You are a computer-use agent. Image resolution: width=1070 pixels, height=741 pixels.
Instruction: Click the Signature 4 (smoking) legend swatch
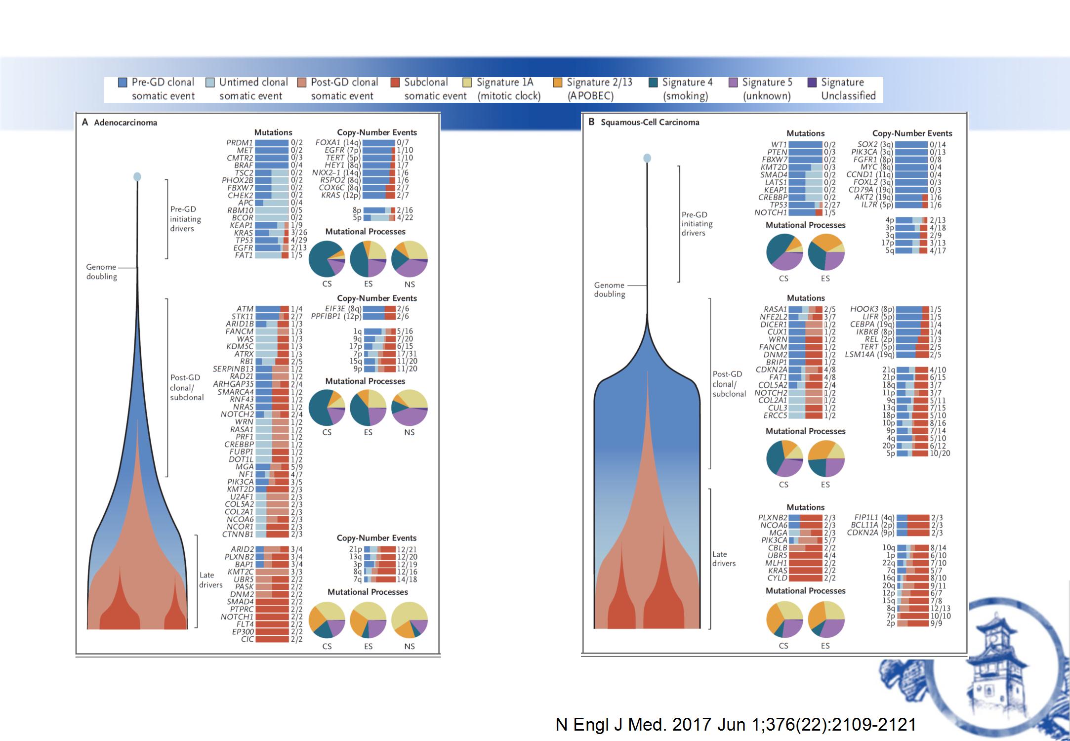click(x=653, y=82)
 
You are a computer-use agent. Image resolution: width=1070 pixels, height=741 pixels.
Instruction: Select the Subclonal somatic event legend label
click(x=435, y=89)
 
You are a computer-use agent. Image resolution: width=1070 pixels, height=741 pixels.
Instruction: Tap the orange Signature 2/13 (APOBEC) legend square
click(x=558, y=82)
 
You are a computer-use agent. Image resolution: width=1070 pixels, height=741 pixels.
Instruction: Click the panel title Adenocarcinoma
click(x=125, y=123)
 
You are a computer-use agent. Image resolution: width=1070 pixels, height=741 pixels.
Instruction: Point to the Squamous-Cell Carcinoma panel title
click(x=650, y=122)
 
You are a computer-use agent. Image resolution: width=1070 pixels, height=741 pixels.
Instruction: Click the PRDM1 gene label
click(x=240, y=143)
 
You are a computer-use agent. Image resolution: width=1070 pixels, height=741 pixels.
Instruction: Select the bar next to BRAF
click(x=272, y=165)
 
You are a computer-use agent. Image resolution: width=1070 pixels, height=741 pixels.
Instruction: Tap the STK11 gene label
click(x=242, y=316)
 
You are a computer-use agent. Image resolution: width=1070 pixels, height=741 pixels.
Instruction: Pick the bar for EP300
click(x=272, y=631)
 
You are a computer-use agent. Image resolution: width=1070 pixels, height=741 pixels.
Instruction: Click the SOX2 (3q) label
click(x=875, y=145)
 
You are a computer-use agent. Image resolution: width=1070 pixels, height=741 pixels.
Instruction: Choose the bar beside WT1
click(x=805, y=145)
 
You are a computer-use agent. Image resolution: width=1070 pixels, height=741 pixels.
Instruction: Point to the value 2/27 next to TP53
click(x=832, y=205)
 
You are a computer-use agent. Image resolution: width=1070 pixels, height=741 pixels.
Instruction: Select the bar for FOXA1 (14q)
click(x=379, y=143)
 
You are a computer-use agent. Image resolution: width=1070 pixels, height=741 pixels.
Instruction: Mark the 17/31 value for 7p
click(x=407, y=354)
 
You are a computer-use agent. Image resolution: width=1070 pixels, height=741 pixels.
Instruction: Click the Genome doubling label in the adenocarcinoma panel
click(x=102, y=272)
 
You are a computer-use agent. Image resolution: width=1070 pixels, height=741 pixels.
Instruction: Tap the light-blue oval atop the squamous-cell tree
click(x=647, y=158)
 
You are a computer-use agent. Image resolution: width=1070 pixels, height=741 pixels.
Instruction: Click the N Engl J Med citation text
click(x=736, y=724)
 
